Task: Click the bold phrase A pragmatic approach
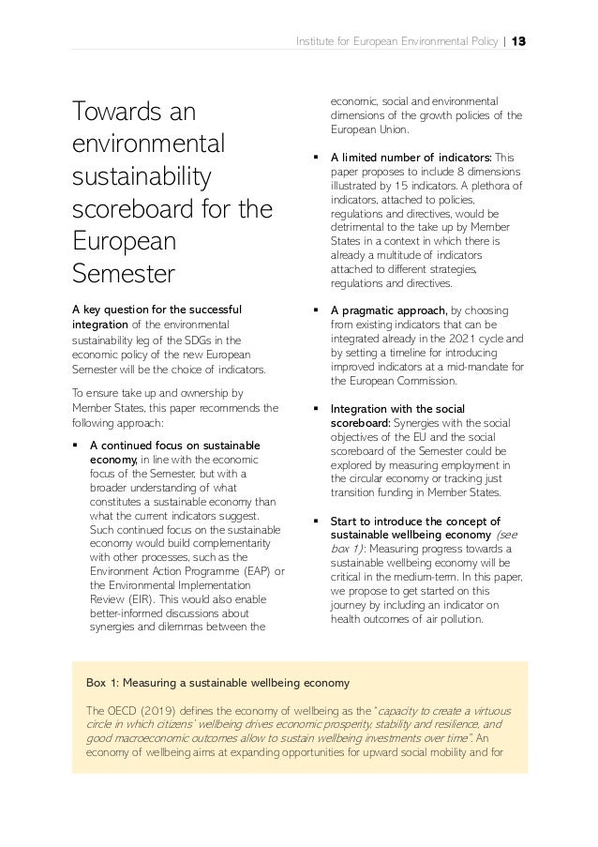[x=388, y=310]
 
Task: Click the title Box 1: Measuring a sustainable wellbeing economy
[x=217, y=682]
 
